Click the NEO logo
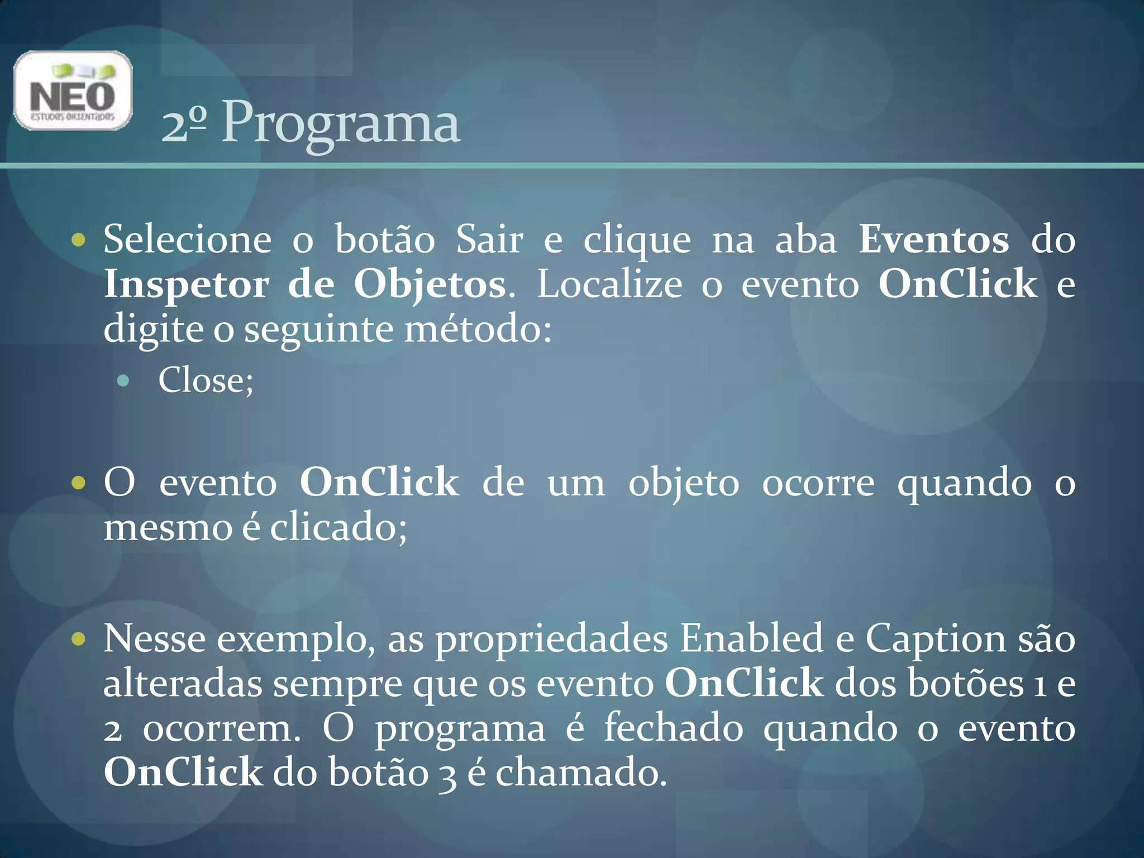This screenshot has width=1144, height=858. click(73, 90)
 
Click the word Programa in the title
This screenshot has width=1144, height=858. click(341, 123)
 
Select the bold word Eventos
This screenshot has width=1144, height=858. click(933, 240)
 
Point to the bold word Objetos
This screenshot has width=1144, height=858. click(430, 284)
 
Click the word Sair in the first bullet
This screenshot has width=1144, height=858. click(489, 240)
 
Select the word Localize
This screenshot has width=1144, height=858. click(609, 284)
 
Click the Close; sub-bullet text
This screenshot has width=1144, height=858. click(206, 381)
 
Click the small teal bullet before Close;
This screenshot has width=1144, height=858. click(123, 382)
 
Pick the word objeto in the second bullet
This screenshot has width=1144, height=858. click(684, 483)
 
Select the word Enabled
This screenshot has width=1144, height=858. click(751, 638)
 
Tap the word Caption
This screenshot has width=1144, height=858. click(936, 638)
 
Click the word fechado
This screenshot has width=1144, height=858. click(674, 728)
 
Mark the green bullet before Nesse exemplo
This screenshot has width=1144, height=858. click(79, 638)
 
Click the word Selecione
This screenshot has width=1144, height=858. click(188, 240)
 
